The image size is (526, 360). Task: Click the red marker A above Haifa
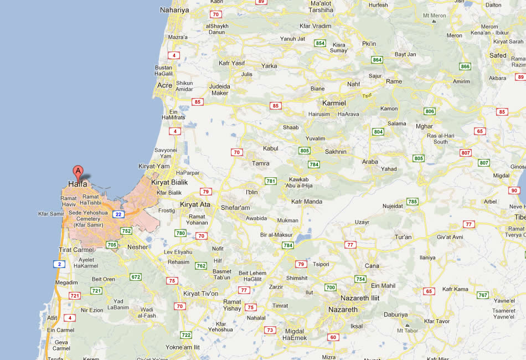point(78,171)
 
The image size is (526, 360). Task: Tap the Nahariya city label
point(174,10)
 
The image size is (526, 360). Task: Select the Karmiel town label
point(333,103)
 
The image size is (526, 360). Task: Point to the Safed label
point(498,55)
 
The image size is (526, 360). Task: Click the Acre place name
point(164,85)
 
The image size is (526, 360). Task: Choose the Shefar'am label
point(235,208)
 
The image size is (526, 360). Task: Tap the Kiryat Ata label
point(195,204)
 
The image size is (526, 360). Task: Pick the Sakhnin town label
point(336,151)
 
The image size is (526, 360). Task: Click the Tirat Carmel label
point(76,250)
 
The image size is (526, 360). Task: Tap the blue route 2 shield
point(59,264)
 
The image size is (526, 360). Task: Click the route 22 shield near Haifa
point(118,214)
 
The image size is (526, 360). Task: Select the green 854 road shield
point(320,43)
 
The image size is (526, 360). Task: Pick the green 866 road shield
point(465,66)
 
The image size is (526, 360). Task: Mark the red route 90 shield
point(514,191)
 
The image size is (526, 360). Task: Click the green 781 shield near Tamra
point(271,181)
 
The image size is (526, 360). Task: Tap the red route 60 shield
point(333,337)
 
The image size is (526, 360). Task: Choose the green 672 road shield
point(136,276)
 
